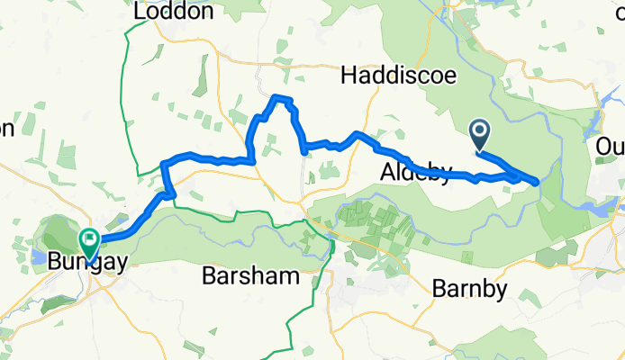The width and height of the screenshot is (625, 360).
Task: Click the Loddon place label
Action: [173, 12]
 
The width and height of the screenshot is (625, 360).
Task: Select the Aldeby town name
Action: [415, 173]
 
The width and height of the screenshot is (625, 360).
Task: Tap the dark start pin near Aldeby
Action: [479, 137]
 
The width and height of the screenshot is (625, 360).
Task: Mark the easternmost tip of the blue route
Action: [539, 182]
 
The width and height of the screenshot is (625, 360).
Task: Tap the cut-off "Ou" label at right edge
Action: [611, 146]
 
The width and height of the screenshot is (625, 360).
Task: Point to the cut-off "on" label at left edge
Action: [5, 129]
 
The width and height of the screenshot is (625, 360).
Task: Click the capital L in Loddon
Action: [139, 12]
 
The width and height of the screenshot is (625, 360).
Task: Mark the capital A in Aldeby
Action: [386, 173]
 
